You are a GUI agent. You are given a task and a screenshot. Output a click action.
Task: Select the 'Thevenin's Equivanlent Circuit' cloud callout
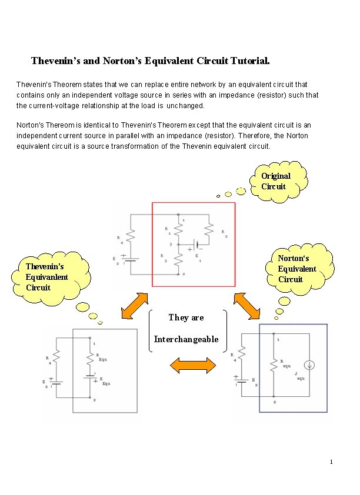[49, 277]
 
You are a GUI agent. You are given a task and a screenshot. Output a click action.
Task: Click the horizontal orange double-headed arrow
[192, 365]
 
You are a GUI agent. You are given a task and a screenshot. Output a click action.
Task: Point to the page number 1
[331, 461]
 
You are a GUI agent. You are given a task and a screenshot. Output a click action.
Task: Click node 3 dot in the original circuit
[177, 244]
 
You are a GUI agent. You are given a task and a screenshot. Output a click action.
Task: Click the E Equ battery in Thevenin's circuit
[90, 380]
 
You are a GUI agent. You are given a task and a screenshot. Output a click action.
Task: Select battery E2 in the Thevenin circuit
[56, 382]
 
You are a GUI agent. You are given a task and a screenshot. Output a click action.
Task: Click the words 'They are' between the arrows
[186, 317]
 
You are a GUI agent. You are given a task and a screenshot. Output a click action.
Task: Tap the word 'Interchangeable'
[186, 339]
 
